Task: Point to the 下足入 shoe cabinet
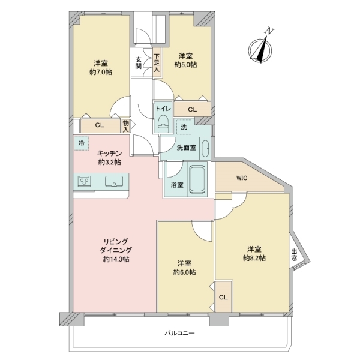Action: pyautogui.click(x=156, y=62)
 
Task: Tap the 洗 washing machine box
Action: pyautogui.click(x=185, y=127)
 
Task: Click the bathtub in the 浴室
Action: pyautogui.click(x=199, y=181)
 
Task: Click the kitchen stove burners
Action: pyautogui.click(x=84, y=182)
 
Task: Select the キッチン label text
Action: pyautogui.click(x=109, y=153)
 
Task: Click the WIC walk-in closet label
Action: pyautogui.click(x=242, y=178)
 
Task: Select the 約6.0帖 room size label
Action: pyautogui.click(x=185, y=272)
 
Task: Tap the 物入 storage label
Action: pyautogui.click(x=126, y=124)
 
